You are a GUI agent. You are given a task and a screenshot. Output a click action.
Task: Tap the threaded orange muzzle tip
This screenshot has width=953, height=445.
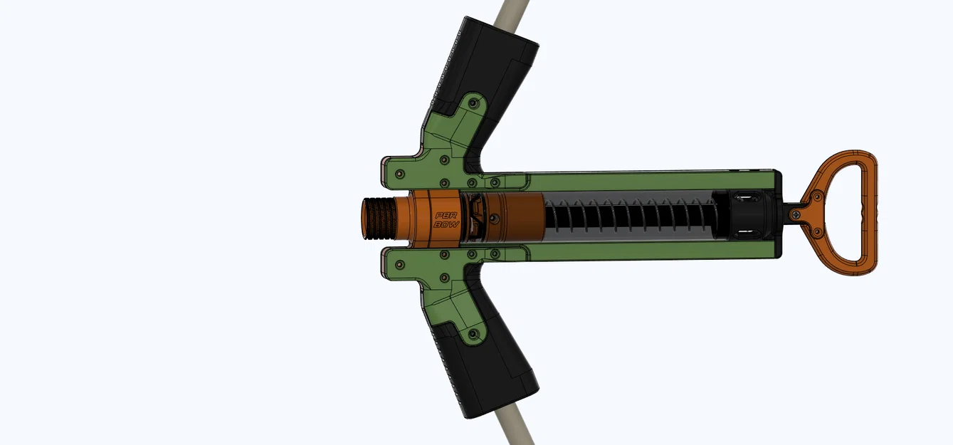pos(377,219)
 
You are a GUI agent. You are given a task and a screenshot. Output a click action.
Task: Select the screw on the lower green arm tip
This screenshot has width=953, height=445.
pos(470,333)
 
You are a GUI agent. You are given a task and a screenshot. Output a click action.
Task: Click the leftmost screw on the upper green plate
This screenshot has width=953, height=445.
pos(400,173)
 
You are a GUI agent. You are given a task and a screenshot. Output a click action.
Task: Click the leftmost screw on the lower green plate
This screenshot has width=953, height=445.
pos(400,264)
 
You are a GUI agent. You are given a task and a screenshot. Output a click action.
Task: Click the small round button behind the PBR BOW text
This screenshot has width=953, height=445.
pos(479,216)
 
